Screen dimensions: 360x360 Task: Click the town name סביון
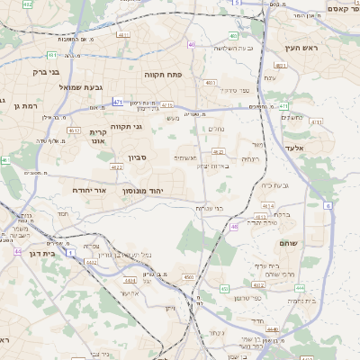136,157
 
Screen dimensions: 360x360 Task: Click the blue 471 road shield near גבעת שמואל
118,103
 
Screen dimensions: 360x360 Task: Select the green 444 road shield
300,288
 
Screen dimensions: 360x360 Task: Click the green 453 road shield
224,289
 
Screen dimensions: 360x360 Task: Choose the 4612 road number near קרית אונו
74,130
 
